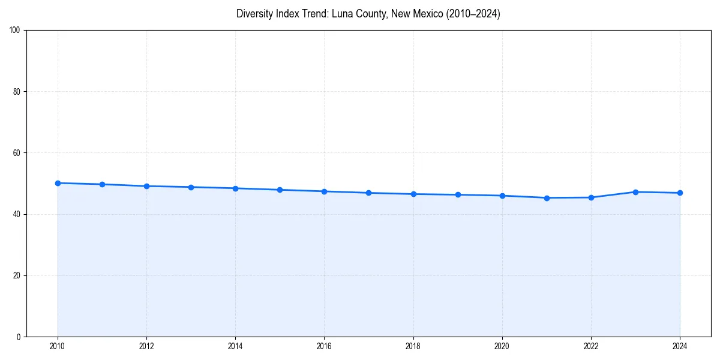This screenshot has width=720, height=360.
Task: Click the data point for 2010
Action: point(58,183)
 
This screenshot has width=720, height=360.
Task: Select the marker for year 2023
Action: point(635,192)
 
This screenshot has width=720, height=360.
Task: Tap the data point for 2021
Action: point(547,198)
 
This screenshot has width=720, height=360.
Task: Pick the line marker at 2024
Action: point(680,193)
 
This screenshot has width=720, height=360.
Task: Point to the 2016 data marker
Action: point(324,191)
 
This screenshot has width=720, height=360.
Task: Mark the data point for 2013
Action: point(191,187)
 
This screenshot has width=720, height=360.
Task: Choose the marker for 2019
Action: point(458,194)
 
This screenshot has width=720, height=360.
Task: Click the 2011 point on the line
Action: point(102,184)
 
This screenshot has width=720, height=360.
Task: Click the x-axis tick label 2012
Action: point(146,346)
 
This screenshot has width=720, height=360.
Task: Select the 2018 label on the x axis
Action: point(413,346)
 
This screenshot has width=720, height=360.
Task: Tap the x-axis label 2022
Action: point(591,346)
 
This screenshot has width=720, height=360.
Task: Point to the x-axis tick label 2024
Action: point(680,346)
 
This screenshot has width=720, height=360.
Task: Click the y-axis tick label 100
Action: point(15,31)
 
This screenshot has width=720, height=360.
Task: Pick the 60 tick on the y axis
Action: point(17,153)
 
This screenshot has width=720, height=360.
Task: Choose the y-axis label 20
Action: point(17,275)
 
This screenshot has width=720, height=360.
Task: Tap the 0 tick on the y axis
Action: point(19,337)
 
